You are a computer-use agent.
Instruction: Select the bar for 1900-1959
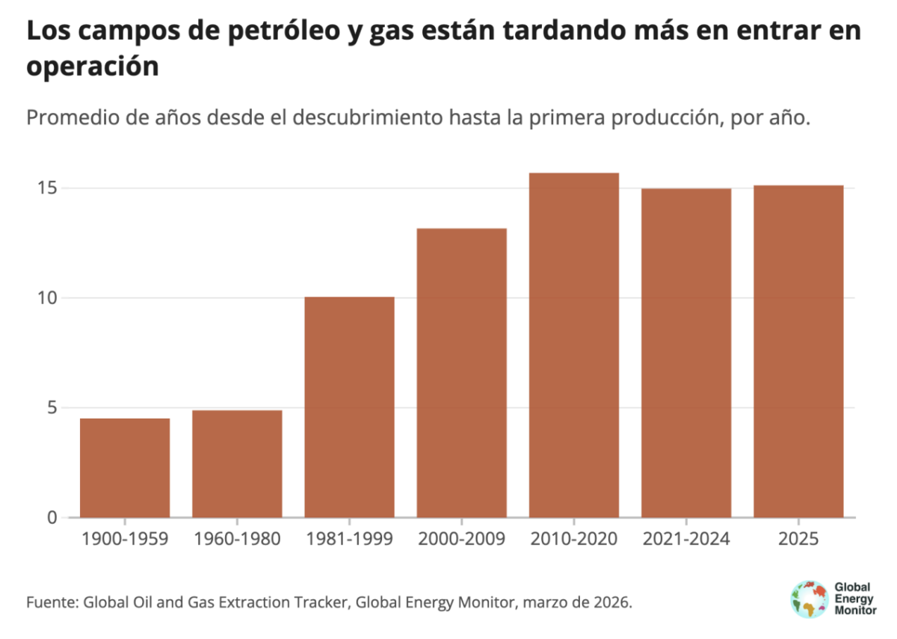pos(125,468)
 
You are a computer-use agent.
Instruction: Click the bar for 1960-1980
pos(237,463)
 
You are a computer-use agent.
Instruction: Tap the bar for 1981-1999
pos(349,407)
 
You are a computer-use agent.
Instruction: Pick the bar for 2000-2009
pos(461,373)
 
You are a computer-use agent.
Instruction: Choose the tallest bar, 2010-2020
pos(573,345)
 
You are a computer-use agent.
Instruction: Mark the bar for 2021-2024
pos(685,353)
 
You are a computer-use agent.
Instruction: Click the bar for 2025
pos(798,351)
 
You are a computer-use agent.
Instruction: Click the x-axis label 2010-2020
pos(573,539)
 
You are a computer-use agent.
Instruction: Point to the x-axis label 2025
pos(798,539)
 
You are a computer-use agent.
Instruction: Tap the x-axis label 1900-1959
pos(125,539)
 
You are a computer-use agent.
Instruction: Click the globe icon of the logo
pos(809,599)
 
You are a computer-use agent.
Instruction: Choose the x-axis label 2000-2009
pos(461,539)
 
